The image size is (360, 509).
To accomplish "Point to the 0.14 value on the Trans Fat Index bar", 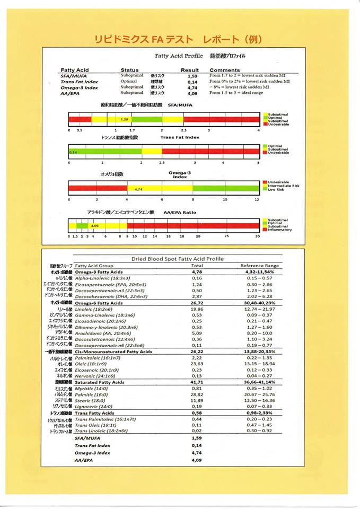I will coord(73,152).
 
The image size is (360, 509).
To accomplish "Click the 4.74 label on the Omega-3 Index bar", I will coord(139,189).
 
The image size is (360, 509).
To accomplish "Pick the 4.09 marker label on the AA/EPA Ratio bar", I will coord(95,226).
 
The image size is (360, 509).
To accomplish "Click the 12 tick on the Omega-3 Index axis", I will coord(257,200).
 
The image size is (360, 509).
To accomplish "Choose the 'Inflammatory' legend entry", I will coord(279,230).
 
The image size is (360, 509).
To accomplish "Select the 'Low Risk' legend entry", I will coord(277,189).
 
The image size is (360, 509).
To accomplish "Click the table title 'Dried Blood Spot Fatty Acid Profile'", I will coord(177,259).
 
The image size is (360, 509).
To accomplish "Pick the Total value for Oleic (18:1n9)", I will coord(197,364).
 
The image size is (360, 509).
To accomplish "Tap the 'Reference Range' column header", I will coord(256,265).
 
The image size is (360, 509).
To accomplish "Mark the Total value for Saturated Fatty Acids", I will coord(197,382).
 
